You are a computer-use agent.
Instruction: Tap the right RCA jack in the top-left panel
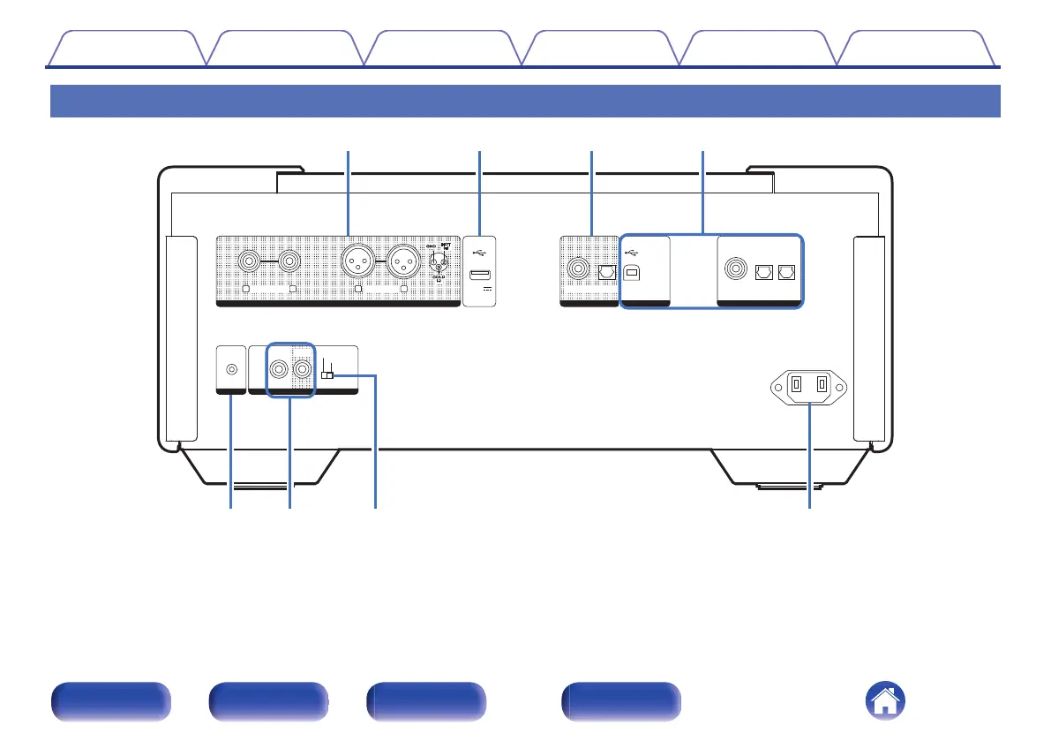click(290, 262)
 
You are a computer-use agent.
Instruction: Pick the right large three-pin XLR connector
click(402, 262)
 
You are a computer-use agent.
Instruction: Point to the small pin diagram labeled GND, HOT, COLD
click(438, 262)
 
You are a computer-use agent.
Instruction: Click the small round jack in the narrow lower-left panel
click(231, 371)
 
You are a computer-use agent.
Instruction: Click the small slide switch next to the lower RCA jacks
click(327, 376)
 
